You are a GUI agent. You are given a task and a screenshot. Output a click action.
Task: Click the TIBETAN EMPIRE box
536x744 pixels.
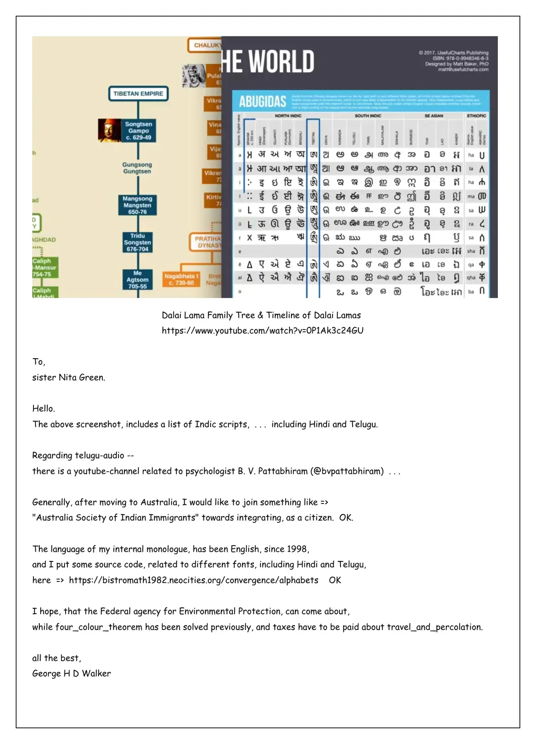click(138, 94)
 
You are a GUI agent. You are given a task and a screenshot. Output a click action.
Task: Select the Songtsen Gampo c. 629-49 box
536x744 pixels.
click(139, 131)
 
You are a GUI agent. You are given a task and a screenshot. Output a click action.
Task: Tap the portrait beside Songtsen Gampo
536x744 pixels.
click(110, 130)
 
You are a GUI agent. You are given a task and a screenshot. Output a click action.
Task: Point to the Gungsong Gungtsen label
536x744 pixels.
click(137, 168)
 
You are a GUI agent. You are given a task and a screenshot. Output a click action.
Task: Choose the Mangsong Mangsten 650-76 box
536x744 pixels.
click(137, 205)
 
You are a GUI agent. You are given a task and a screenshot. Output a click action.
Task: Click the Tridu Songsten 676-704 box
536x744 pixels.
click(137, 243)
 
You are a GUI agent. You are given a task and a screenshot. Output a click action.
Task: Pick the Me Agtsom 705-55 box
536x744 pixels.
click(137, 280)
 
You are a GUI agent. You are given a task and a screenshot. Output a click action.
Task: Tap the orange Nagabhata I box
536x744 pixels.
click(181, 279)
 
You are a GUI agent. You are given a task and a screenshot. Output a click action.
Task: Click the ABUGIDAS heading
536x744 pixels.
click(263, 102)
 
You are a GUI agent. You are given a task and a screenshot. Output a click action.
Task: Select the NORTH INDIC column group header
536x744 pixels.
click(288, 116)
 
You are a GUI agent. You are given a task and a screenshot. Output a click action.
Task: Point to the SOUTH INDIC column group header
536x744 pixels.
click(368, 116)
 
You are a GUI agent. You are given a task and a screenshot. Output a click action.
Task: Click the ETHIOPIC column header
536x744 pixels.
click(477, 116)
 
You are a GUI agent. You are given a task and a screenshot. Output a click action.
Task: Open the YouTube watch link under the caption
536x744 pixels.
click(263, 331)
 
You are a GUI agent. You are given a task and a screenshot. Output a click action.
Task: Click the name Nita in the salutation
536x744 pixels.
click(67, 377)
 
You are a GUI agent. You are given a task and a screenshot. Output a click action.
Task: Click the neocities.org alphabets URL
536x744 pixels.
click(193, 580)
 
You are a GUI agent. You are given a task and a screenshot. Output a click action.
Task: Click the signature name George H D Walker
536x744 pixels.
click(72, 674)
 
